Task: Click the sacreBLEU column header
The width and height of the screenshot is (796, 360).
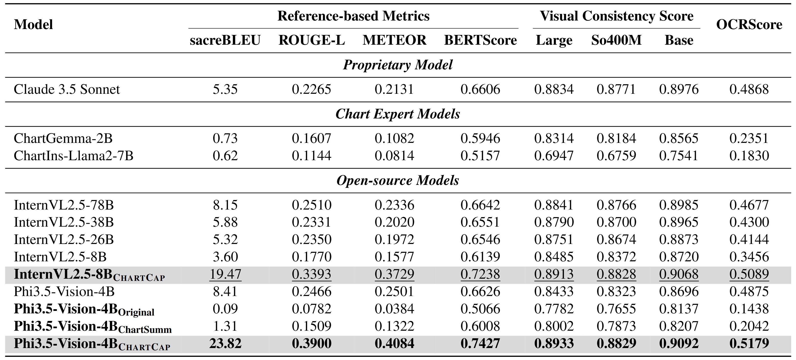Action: click(x=225, y=40)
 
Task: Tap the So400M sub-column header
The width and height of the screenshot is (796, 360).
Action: click(x=616, y=40)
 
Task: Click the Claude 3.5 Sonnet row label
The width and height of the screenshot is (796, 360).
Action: click(x=67, y=89)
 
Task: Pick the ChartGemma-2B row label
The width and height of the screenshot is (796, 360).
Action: click(x=63, y=138)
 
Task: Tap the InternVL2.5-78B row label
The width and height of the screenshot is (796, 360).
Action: click(x=64, y=205)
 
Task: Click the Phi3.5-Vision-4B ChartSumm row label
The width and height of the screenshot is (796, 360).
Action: click(x=93, y=327)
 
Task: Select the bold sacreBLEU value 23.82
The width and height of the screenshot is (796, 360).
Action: click(x=225, y=343)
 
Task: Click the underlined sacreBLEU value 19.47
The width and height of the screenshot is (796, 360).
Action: click(x=225, y=274)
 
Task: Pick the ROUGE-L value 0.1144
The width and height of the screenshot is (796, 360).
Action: click(x=311, y=155)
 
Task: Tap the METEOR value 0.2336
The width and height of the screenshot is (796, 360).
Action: click(x=394, y=205)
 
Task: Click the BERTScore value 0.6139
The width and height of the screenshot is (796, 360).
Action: click(x=480, y=257)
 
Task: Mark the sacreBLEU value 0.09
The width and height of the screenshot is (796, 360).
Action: click(x=225, y=309)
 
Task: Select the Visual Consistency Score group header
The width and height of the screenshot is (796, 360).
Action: click(x=616, y=16)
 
